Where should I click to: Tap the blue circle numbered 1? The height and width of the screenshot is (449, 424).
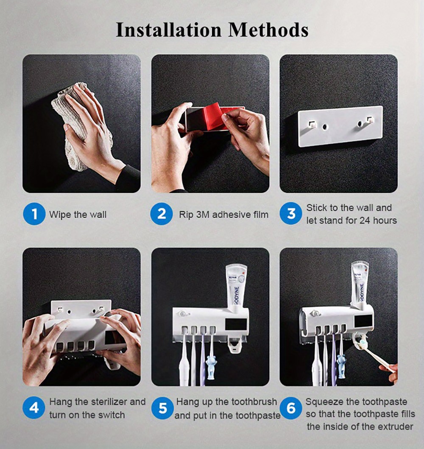34,214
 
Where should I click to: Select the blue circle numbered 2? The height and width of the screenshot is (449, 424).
162,214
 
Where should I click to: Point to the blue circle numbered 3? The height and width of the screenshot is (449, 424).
291,214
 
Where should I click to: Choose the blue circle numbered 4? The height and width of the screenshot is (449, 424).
34,408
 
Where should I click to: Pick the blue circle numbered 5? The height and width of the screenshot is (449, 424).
163,408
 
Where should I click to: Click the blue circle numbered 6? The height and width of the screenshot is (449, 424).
291,408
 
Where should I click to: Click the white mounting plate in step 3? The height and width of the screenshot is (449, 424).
340,126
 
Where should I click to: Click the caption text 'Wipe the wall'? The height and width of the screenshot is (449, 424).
78,215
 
